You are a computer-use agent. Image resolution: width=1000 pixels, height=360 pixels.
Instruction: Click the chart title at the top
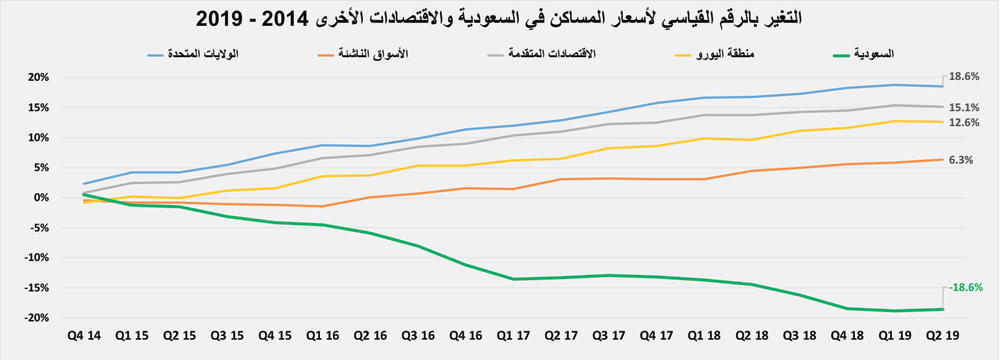(499, 18)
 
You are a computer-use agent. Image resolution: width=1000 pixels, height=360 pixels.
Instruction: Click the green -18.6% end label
(965, 287)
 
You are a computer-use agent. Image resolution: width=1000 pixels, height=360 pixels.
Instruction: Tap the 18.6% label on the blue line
(964, 76)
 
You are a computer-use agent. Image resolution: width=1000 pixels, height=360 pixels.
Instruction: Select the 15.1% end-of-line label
(964, 107)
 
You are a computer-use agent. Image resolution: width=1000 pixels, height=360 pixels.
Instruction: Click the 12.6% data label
(964, 123)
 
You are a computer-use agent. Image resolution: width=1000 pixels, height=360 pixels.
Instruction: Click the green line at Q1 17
(515, 279)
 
